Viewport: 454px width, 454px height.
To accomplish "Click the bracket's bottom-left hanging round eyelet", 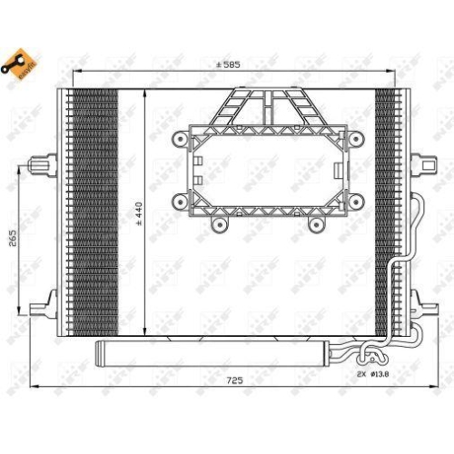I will click(x=216, y=223).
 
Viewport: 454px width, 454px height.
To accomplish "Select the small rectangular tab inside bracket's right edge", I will click(x=336, y=171).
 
